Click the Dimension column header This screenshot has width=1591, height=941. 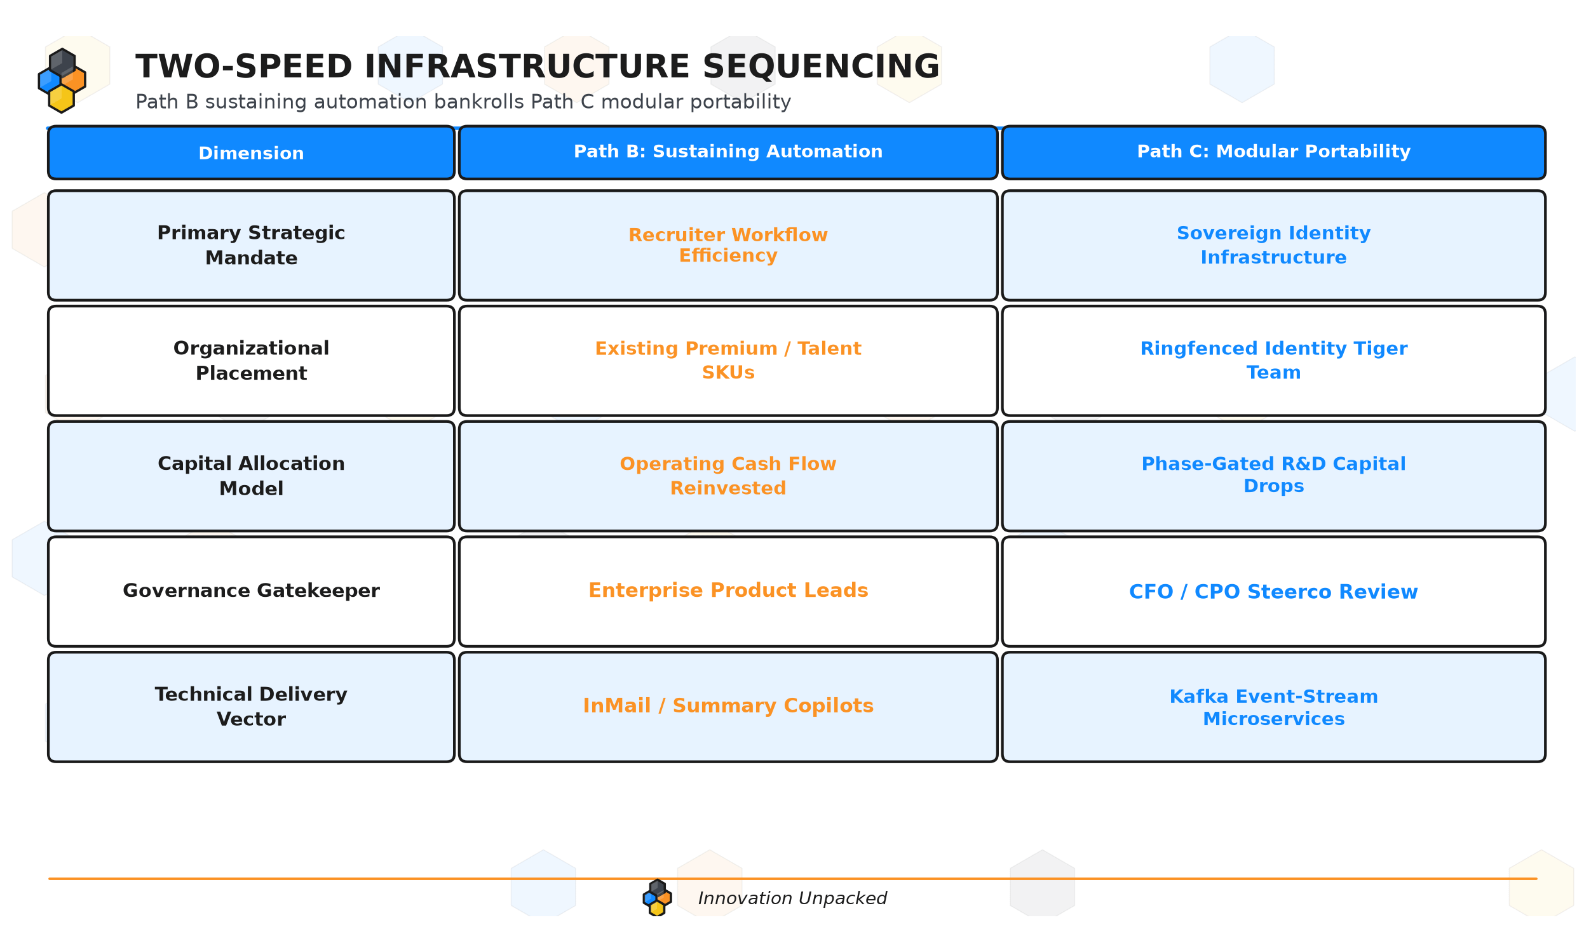click(251, 152)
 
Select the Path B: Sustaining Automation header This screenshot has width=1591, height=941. click(728, 152)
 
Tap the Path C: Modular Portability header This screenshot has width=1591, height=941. click(1273, 152)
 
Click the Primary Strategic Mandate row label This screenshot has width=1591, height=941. click(251, 245)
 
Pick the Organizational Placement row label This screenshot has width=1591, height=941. click(251, 361)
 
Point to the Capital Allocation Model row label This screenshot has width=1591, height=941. click(251, 476)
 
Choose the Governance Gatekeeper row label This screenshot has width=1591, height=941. click(251, 591)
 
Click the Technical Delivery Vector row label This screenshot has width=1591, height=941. click(251, 707)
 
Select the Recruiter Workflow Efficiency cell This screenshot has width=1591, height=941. click(728, 245)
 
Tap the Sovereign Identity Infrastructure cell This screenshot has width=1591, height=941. click(1273, 245)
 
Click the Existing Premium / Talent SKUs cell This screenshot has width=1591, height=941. click(728, 361)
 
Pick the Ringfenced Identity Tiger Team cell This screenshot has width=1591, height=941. click(1273, 361)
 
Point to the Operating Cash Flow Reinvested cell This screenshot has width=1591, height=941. click(728, 476)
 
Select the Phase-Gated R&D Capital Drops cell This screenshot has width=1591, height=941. click(1273, 476)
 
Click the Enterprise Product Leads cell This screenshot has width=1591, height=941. click(728, 591)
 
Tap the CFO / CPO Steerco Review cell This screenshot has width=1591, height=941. click(1273, 591)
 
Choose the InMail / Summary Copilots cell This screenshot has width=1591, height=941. click(728, 707)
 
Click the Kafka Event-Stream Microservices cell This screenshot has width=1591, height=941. click(1273, 707)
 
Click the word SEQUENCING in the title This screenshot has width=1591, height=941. click(821, 67)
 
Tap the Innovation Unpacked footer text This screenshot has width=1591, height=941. click(792, 898)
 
